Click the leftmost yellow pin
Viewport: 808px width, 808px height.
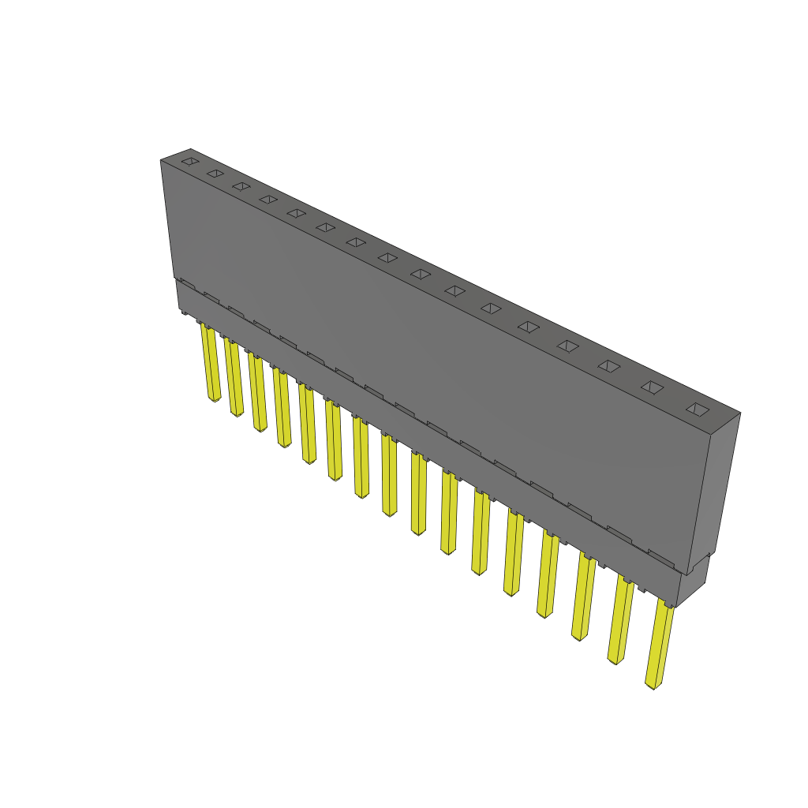(x=210, y=363)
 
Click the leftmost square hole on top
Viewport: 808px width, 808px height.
(x=189, y=162)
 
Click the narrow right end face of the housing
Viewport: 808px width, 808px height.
(x=714, y=489)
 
